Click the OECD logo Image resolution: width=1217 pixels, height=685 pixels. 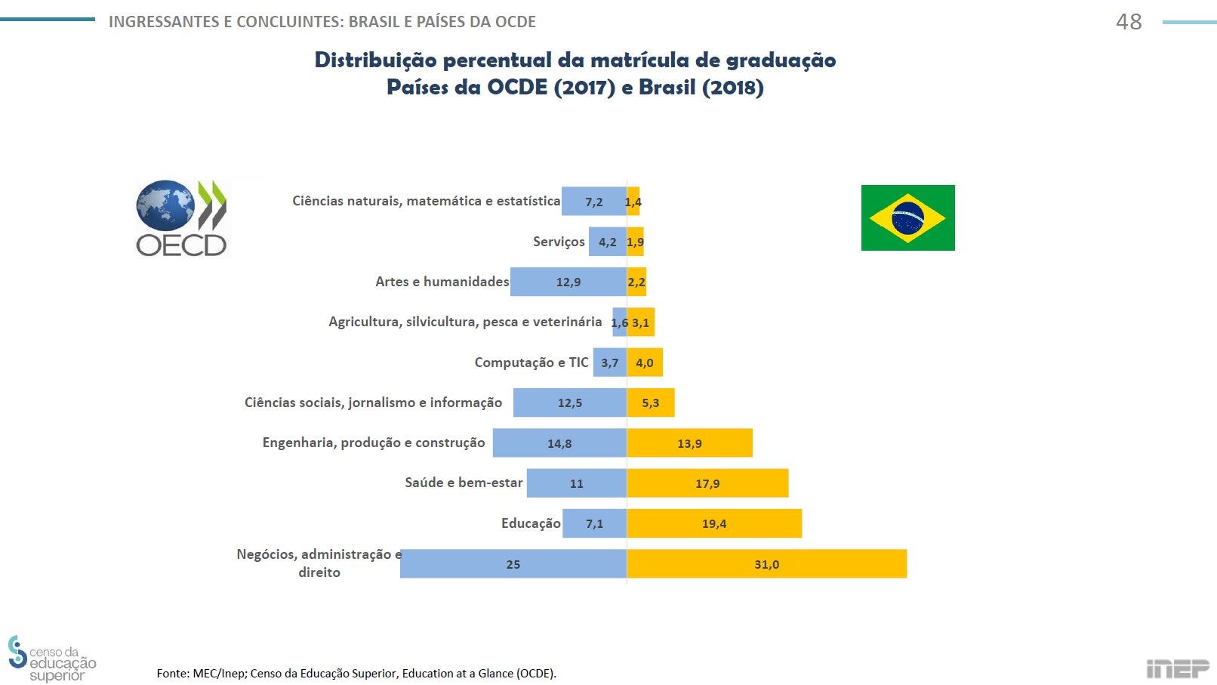tap(181, 218)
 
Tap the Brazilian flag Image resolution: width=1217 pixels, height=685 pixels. tap(907, 218)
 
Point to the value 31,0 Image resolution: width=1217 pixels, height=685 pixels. tap(766, 564)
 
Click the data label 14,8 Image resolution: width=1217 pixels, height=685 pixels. tap(559, 443)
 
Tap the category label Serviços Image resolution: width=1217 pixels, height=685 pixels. tap(559, 242)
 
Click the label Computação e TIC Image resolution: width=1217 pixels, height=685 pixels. tap(531, 363)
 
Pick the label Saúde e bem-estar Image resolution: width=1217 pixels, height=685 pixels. tap(464, 483)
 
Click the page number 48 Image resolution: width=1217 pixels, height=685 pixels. tap(1129, 22)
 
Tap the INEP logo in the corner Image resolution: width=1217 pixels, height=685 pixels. tap(1177, 669)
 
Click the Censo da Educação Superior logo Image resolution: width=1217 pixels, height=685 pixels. tap(51, 659)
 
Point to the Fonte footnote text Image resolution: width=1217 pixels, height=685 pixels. tap(356, 673)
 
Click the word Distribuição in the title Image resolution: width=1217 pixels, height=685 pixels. tap(375, 60)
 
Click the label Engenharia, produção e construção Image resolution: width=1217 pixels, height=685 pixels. tap(374, 443)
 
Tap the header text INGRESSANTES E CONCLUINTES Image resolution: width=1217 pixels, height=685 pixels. tap(226, 22)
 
